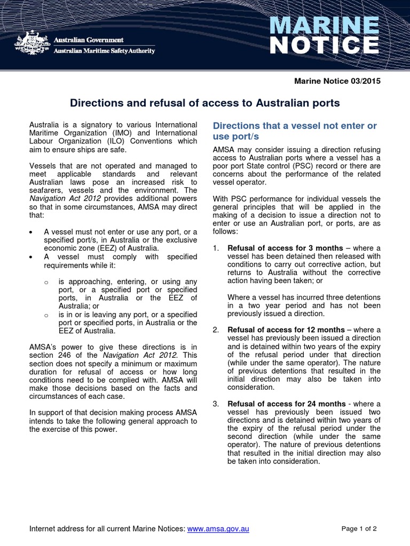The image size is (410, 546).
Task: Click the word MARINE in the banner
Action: click(x=325, y=26)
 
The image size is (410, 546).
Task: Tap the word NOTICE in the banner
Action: click(x=325, y=46)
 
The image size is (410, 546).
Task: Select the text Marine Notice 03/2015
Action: click(x=338, y=81)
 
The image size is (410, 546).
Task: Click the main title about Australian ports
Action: click(x=206, y=103)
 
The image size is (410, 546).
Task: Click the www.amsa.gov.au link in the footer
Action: click(x=218, y=529)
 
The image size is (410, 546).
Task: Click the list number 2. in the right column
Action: click(x=216, y=330)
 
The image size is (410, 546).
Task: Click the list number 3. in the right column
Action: click(x=216, y=404)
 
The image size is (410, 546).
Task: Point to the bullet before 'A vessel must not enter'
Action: click(x=32, y=232)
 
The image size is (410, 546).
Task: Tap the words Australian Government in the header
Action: click(x=90, y=41)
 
